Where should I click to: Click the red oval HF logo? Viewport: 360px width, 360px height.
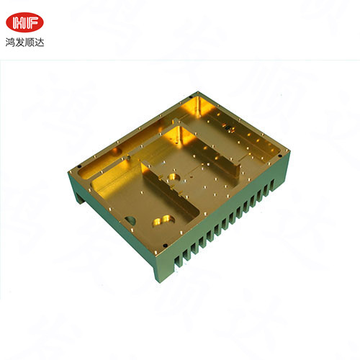click(x=24, y=22)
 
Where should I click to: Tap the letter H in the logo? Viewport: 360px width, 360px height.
click(x=19, y=23)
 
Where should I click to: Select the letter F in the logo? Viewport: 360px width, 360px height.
click(x=32, y=23)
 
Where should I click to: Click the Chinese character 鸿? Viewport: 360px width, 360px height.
click(x=10, y=42)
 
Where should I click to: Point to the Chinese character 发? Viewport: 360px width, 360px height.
click(x=20, y=42)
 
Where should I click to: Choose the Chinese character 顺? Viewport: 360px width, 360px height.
click(x=30, y=42)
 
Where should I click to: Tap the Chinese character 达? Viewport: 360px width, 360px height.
click(x=40, y=42)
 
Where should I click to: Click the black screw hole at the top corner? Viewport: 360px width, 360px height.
click(x=191, y=97)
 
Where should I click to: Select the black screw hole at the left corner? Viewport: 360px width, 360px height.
click(x=79, y=166)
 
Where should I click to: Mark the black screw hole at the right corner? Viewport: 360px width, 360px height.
click(x=279, y=156)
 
